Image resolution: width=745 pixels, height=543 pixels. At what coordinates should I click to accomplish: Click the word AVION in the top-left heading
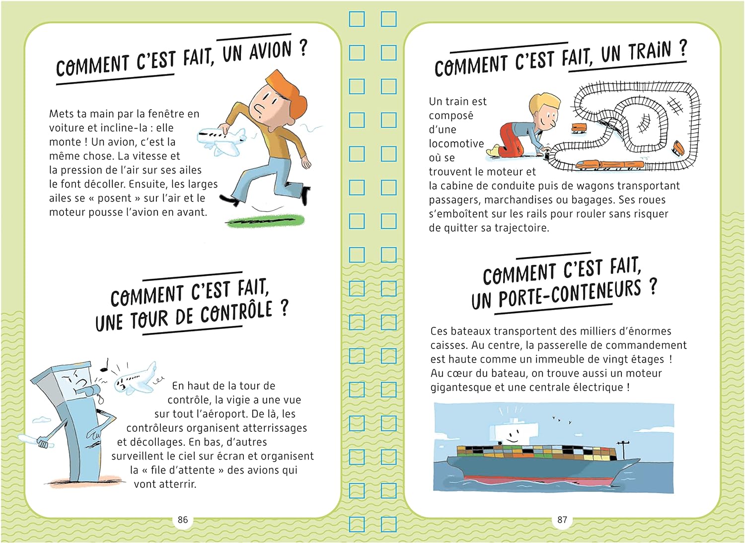click(270, 52)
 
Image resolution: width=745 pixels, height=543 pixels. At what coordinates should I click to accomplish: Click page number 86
click(183, 519)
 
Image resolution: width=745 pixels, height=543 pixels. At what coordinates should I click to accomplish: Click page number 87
click(562, 519)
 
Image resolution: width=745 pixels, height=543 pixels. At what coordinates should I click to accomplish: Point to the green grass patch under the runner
click(265, 221)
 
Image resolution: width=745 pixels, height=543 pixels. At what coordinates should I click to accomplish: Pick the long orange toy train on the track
click(610, 165)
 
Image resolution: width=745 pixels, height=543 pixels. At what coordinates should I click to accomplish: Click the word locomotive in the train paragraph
click(456, 143)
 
